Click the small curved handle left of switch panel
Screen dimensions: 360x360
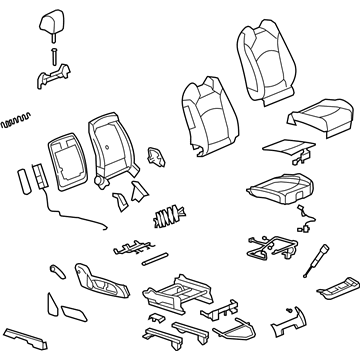point(56,271)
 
